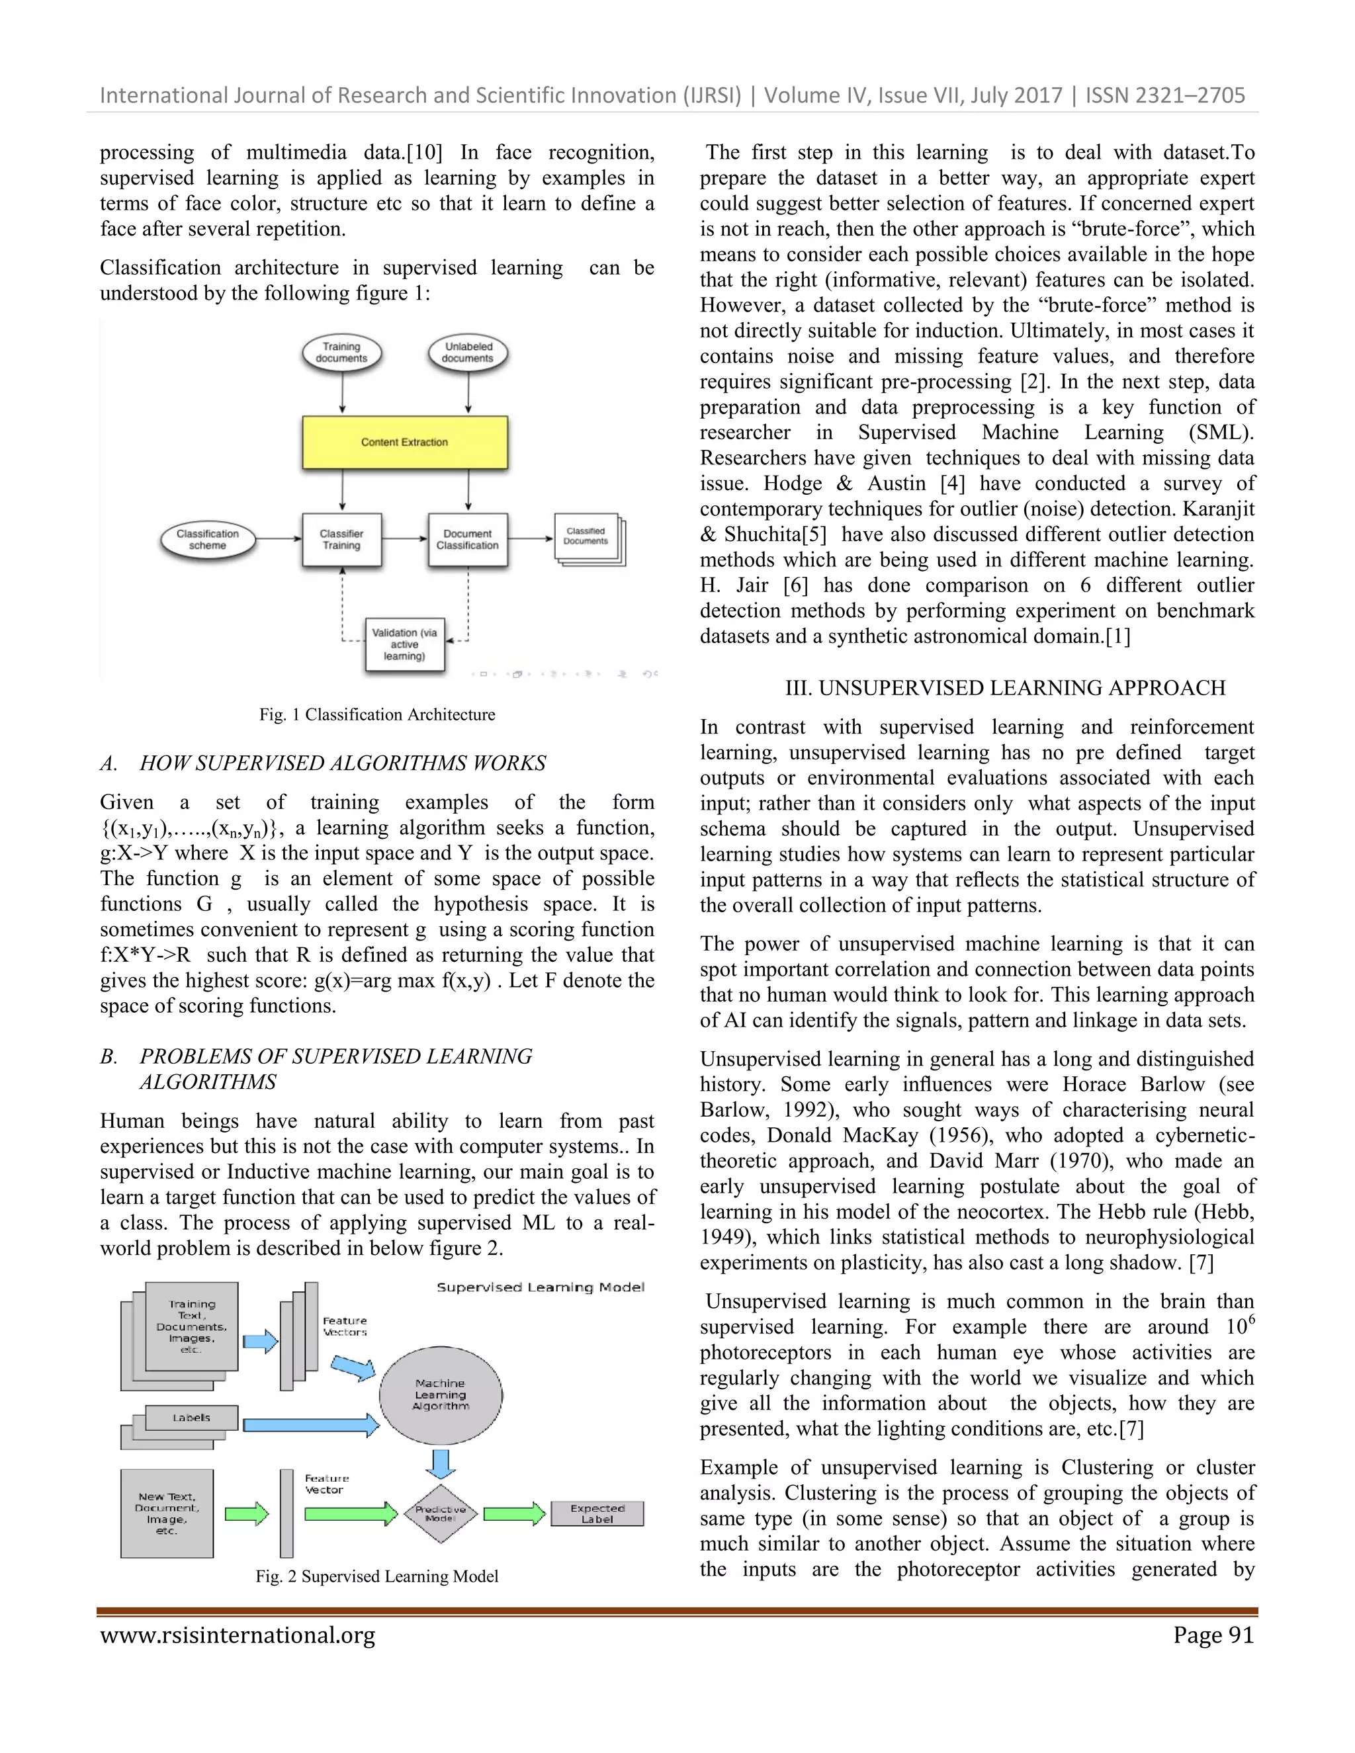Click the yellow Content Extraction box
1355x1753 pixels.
tap(404, 443)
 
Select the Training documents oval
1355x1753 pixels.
tap(341, 353)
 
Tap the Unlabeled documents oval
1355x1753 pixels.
tap(468, 353)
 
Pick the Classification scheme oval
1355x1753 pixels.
tap(208, 539)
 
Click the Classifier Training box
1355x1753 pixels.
tap(341, 539)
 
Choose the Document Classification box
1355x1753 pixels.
tap(468, 539)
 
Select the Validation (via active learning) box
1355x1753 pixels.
tap(404, 644)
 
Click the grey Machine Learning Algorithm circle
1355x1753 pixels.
tap(441, 1394)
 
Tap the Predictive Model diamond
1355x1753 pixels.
tap(441, 1514)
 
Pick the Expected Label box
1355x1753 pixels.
tap(597, 1514)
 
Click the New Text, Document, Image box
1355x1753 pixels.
tap(167, 1514)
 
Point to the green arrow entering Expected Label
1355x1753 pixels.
tap(515, 1514)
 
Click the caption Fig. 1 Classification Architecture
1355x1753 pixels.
tap(376, 714)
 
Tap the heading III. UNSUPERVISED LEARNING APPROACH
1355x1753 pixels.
tap(1005, 688)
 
